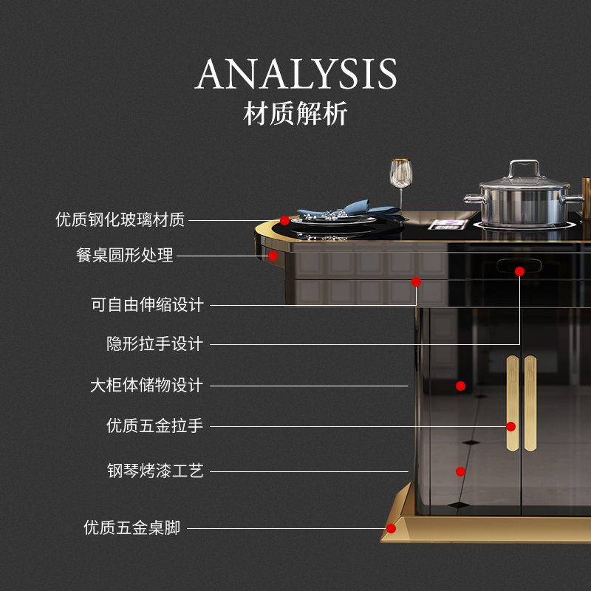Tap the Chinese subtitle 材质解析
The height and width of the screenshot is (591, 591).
point(295,115)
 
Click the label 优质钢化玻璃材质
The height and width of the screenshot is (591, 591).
point(120,219)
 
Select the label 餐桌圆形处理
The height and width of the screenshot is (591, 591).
point(125,256)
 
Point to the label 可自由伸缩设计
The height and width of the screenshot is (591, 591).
point(147,304)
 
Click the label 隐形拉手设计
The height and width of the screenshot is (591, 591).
point(154,344)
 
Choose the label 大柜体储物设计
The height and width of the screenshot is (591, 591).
point(146,386)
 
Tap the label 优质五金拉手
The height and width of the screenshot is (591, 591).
point(154,426)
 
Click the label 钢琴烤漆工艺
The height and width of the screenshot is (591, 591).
point(155,471)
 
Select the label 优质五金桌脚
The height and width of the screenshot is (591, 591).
point(131,528)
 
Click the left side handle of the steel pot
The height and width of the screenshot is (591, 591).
point(473,199)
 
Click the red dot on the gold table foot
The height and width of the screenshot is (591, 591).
point(391,528)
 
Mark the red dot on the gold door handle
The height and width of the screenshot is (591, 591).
point(510,426)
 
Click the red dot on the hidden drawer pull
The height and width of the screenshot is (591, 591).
point(519,271)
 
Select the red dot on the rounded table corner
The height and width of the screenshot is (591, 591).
point(273,256)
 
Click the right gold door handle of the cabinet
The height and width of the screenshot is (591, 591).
point(530,403)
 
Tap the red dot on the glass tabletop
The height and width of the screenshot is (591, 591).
point(285,220)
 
